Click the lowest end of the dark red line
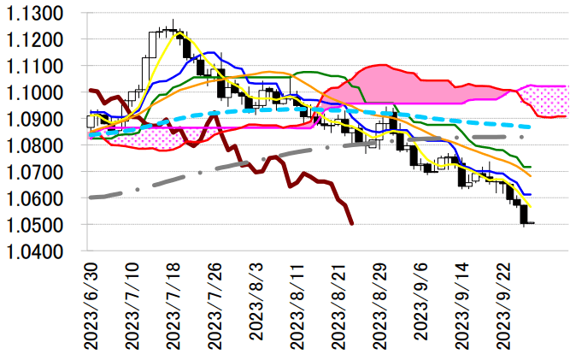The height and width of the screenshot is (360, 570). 353,224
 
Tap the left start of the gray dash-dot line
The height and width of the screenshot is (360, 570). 91,197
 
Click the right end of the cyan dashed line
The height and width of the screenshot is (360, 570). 532,127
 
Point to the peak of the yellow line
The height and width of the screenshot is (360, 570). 172,31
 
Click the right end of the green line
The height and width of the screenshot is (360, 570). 531,167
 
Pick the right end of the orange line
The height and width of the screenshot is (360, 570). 531,176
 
